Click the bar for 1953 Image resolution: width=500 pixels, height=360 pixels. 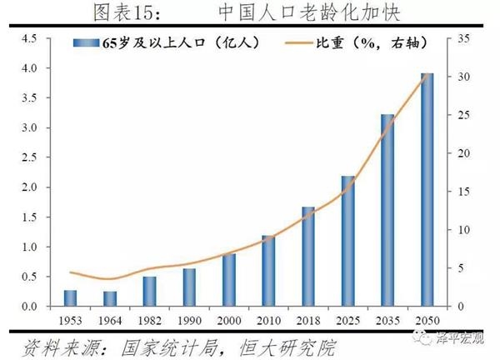(70, 298)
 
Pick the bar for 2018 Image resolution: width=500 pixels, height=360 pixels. (308, 257)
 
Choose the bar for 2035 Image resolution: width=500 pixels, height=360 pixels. (387, 210)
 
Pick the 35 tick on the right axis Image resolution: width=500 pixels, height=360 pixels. (465, 38)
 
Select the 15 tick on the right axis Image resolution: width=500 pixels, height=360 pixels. (465, 192)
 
